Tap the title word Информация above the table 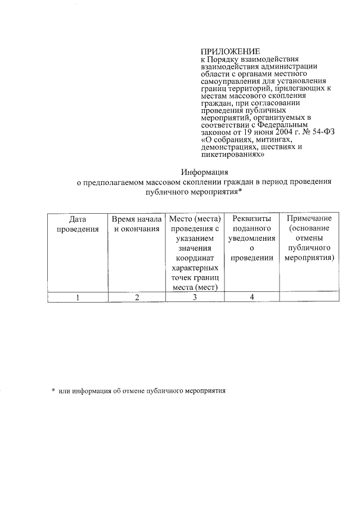(205, 172)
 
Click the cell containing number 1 (77, 298)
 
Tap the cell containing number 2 (137, 298)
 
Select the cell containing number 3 (195, 298)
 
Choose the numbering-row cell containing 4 (252, 298)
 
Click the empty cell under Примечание (309, 298)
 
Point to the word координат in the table (195, 258)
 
